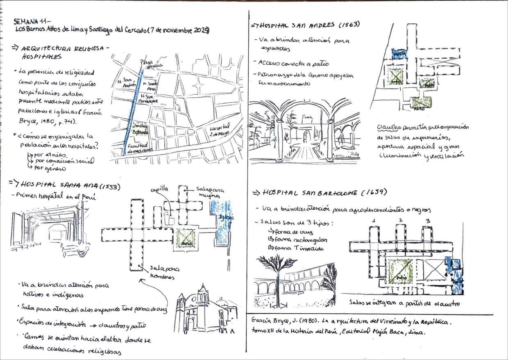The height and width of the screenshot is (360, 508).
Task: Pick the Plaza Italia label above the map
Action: point(151,63)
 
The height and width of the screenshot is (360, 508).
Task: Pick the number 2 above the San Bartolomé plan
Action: point(400,221)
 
